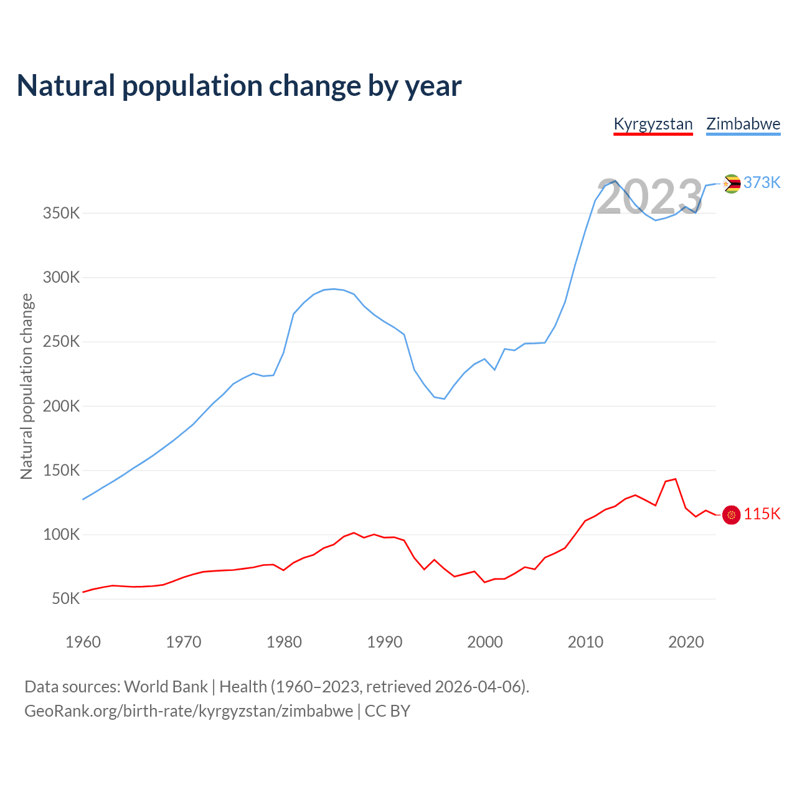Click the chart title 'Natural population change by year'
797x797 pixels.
point(239,86)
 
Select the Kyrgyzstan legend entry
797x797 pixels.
point(653,124)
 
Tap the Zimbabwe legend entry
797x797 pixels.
point(743,124)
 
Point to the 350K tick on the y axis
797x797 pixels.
point(62,214)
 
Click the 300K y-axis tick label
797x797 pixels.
point(62,278)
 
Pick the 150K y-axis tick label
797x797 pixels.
point(62,470)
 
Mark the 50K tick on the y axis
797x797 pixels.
point(66,599)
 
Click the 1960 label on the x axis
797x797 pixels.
point(83,642)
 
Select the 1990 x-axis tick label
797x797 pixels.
point(385,642)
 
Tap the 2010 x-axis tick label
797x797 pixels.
point(585,642)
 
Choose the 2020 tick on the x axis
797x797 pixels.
point(686,642)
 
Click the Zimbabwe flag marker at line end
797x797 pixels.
point(732,184)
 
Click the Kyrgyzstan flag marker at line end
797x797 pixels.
point(732,515)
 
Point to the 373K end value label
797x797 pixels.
point(762,182)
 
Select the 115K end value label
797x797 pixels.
point(762,514)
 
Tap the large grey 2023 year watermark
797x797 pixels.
point(650,197)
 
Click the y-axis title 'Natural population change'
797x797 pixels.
point(27,387)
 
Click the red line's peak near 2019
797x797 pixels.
point(676,479)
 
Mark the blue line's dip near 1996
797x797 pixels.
point(444,398)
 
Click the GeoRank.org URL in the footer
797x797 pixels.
point(189,711)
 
